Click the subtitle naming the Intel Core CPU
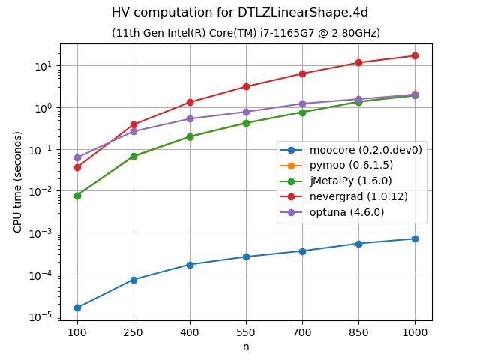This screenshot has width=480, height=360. (246, 33)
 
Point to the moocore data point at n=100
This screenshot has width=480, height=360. (77, 307)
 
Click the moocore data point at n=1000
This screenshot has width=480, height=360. (415, 238)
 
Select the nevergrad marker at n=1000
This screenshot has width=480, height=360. (415, 56)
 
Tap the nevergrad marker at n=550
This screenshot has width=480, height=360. (246, 87)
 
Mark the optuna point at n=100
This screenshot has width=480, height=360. (77, 157)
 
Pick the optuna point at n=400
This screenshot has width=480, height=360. (190, 118)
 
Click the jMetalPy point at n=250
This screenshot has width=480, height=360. (133, 156)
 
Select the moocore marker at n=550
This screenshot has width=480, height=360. (246, 256)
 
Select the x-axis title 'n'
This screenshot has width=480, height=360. (246, 346)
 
